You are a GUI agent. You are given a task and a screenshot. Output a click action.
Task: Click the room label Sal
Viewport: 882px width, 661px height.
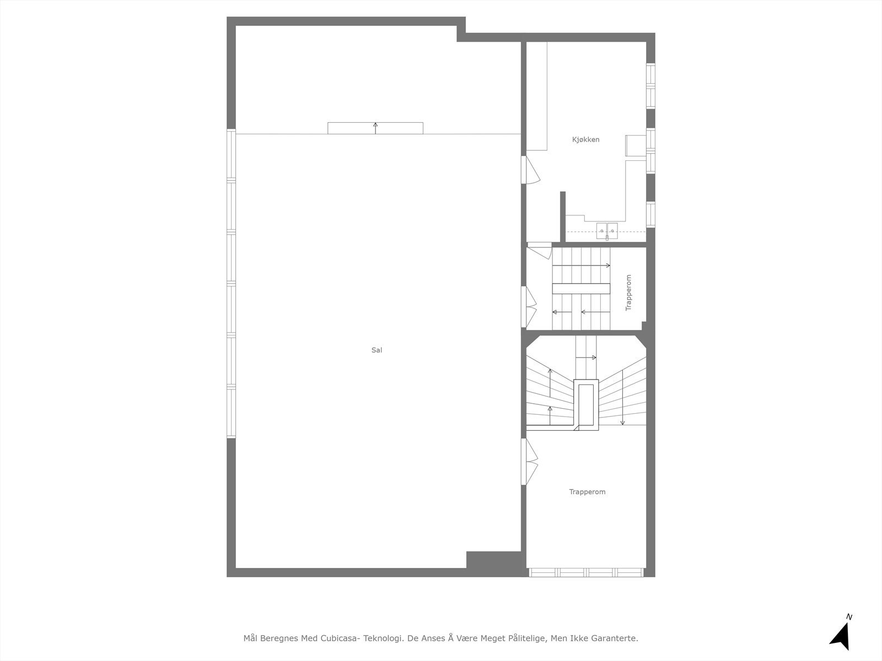(x=377, y=350)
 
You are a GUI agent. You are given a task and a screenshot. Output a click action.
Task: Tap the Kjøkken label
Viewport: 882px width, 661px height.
(x=585, y=139)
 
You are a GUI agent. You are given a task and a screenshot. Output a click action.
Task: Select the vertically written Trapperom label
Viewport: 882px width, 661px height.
(x=628, y=293)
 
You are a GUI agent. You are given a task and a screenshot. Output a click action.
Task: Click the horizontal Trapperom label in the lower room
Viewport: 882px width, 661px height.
(x=587, y=492)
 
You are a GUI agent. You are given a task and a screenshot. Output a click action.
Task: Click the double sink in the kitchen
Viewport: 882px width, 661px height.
(x=607, y=231)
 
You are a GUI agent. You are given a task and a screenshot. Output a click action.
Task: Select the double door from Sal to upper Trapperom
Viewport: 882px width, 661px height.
(x=530, y=306)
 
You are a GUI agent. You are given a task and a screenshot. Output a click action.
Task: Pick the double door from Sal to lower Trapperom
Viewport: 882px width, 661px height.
(x=530, y=462)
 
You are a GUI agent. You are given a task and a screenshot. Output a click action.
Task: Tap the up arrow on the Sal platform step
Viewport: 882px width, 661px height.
(x=375, y=128)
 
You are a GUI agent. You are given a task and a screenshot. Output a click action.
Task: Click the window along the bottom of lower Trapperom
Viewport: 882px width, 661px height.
(x=587, y=573)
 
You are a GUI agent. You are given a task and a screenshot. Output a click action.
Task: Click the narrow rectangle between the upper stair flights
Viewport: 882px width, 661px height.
(x=581, y=289)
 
